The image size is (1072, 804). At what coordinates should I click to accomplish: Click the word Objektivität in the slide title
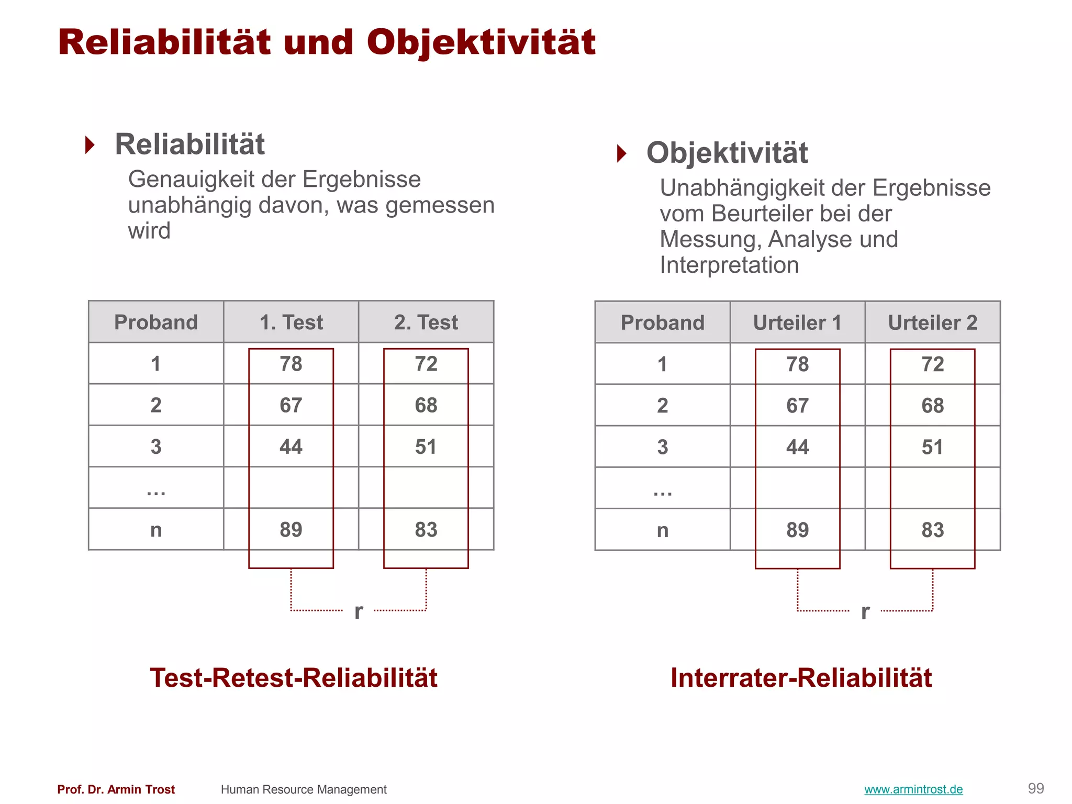point(481,43)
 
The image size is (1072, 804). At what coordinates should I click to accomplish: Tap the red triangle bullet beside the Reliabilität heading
point(90,145)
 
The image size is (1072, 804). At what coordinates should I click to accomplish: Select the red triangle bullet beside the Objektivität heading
point(621,153)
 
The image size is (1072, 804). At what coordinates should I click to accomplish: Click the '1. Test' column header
point(291,322)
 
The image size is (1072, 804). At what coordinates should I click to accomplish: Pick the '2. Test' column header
point(426,322)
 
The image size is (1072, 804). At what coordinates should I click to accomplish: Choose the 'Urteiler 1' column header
point(797,323)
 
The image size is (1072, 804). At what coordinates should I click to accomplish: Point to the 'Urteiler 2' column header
point(932,323)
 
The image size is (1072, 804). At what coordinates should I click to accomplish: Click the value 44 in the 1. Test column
point(291,446)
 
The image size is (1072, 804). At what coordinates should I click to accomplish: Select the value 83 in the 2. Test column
point(426,530)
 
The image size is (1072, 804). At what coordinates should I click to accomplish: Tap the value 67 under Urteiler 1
point(797,406)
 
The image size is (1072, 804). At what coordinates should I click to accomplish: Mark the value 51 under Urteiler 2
point(932,447)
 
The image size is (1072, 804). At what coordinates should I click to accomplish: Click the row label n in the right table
point(662,530)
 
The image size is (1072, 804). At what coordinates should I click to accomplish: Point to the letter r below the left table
point(359,611)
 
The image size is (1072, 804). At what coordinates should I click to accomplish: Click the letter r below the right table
point(865,611)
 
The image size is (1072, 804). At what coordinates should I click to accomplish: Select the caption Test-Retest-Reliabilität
point(293,678)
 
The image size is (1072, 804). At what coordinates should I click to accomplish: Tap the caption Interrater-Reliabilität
point(801,678)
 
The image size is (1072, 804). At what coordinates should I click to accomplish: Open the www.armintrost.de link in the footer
point(913,789)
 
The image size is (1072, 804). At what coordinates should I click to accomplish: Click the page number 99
point(1036,788)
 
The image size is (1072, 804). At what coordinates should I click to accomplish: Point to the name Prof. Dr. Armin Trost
point(116,789)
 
